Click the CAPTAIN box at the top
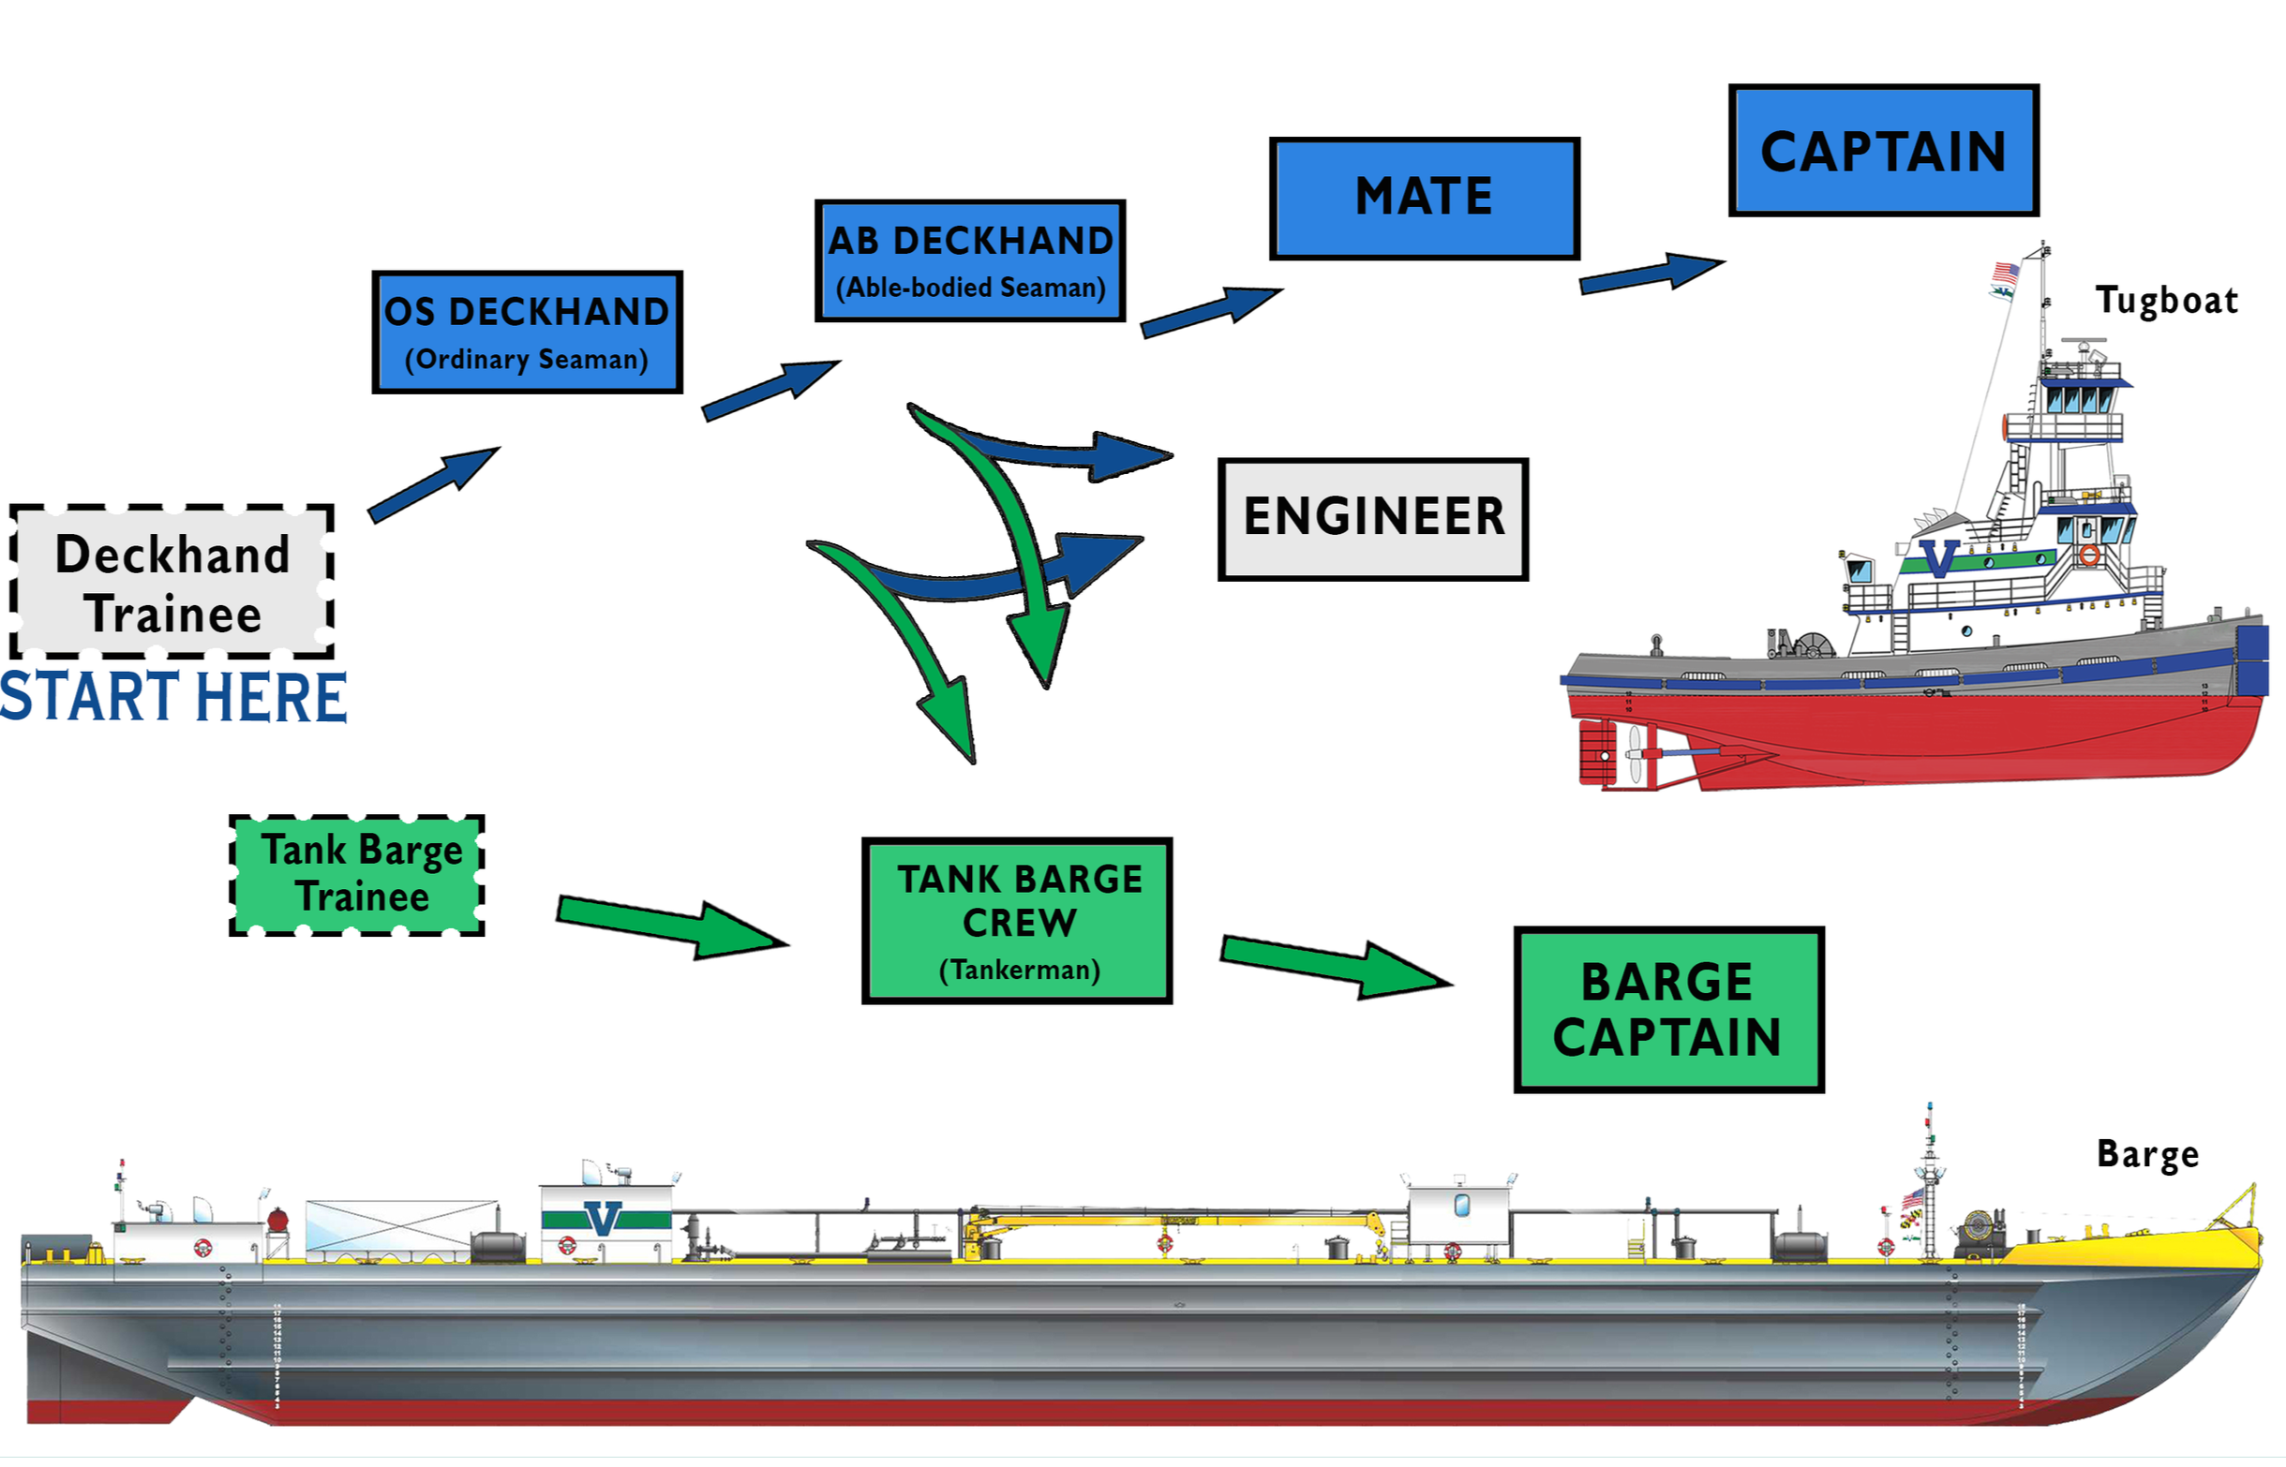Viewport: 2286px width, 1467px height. coord(1883,151)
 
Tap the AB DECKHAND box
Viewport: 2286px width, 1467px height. coord(970,261)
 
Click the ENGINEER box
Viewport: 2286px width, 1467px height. coord(1372,519)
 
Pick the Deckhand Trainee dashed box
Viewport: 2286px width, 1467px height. coord(172,581)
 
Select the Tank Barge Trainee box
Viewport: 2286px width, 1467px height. coord(357,874)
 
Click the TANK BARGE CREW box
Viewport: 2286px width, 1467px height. coord(1017,920)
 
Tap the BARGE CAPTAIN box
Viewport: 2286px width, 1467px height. coord(1667,1009)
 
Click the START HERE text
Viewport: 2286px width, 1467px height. coord(172,697)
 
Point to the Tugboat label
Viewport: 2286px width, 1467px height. coord(2165,301)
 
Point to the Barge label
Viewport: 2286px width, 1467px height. coord(2147,1153)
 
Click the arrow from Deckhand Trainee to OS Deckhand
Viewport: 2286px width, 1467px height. coord(434,484)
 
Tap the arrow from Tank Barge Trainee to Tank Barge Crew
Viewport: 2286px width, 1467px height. coord(672,926)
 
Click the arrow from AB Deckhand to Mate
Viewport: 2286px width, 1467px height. coord(1210,312)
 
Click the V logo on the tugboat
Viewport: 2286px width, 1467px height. coord(1938,558)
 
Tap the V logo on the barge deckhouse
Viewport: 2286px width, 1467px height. coord(603,1218)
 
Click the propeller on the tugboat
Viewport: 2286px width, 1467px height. coord(1636,754)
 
